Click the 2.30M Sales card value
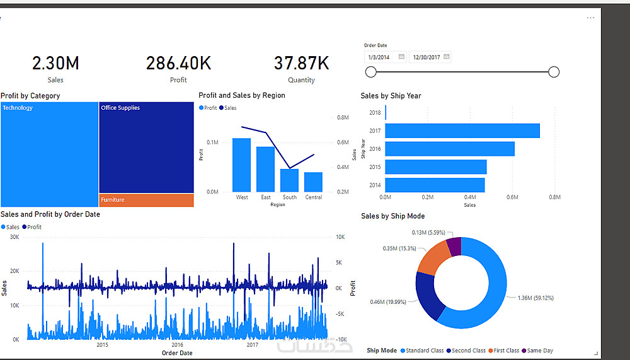55,63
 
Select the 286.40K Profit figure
178,63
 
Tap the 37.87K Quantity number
301,63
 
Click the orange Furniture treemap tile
146,200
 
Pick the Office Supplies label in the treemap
120,108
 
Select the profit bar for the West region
241,165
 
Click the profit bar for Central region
313,182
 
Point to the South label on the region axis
290,197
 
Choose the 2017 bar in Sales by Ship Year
462,131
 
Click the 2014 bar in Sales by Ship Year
435,185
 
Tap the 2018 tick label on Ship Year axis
375,113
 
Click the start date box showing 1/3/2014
386,57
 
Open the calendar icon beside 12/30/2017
447,57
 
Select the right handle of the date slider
554,72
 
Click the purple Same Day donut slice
454,246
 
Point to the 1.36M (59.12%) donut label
535,298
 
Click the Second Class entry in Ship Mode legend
466,351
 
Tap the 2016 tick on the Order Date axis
177,345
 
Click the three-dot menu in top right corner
590,18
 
